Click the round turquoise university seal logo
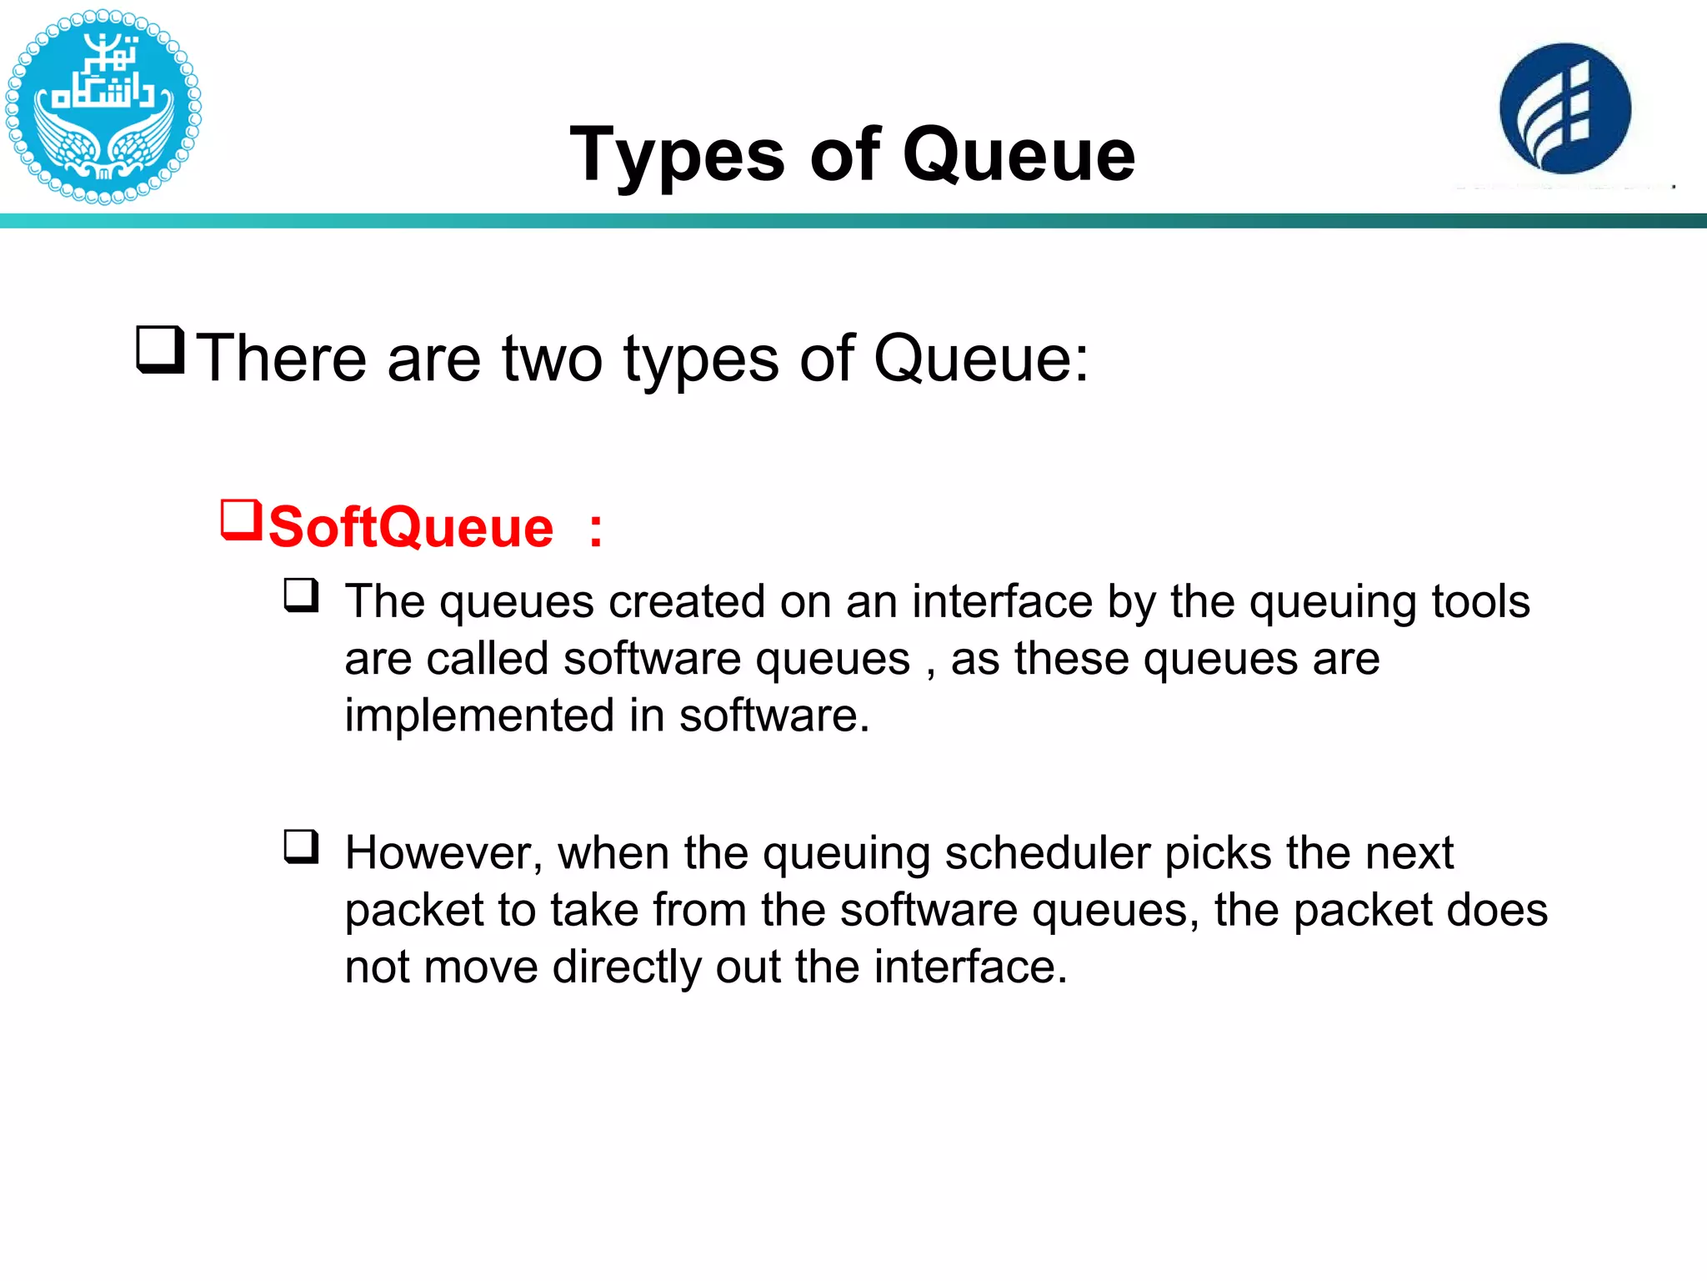[x=103, y=106]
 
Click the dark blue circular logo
[x=1564, y=108]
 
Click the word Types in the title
[x=676, y=155]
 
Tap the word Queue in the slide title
[x=1019, y=155]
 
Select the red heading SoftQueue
[x=410, y=528]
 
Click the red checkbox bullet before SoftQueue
[x=241, y=520]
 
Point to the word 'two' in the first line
[x=552, y=359]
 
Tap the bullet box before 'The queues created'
[x=301, y=595]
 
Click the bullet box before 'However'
[x=301, y=846]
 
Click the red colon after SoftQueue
[x=595, y=530]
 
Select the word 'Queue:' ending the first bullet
[x=980, y=359]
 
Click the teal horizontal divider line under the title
[x=853, y=221]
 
